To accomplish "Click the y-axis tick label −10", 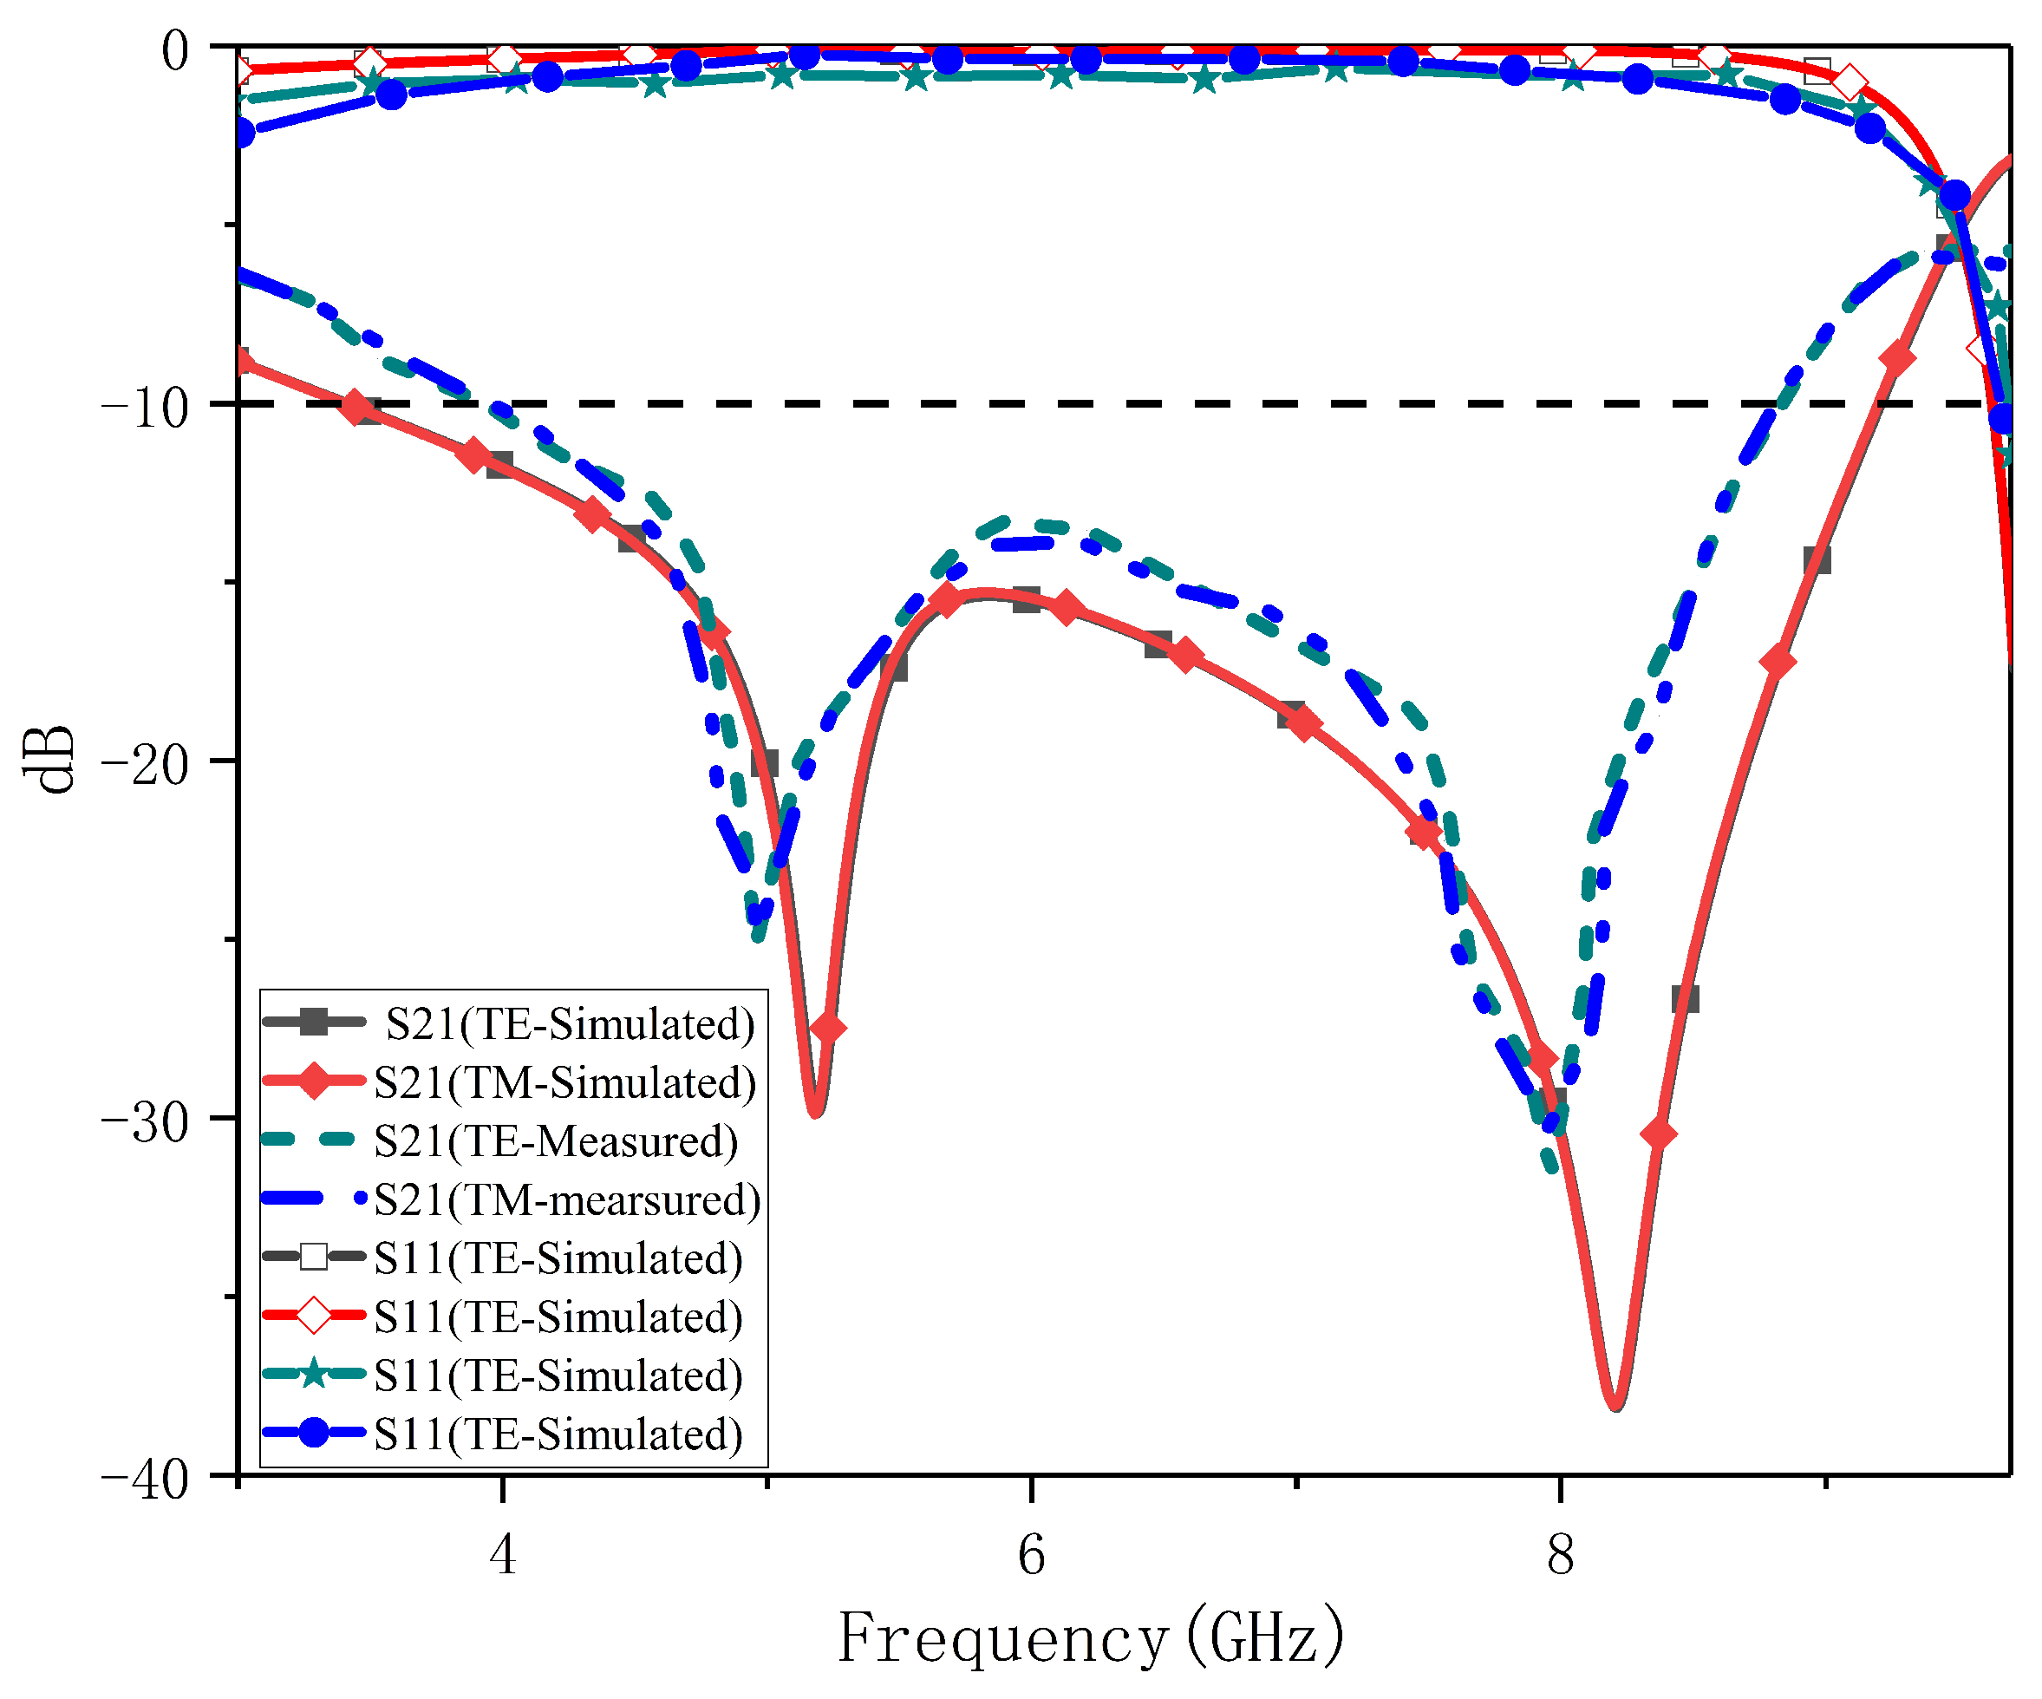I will [x=146, y=409].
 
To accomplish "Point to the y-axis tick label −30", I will [x=146, y=1124].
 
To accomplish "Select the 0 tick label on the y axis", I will [x=176, y=50].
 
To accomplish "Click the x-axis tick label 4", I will [x=503, y=1554].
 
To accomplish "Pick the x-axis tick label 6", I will [x=1032, y=1554].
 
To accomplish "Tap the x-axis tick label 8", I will [x=1561, y=1554].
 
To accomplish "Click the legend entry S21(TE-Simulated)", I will [x=570, y=1024].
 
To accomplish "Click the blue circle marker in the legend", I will [x=314, y=1433].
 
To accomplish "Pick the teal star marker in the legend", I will [x=314, y=1374].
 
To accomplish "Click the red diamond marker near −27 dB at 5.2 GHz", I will [x=827, y=1028].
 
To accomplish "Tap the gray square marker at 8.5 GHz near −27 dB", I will [x=1685, y=999].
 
